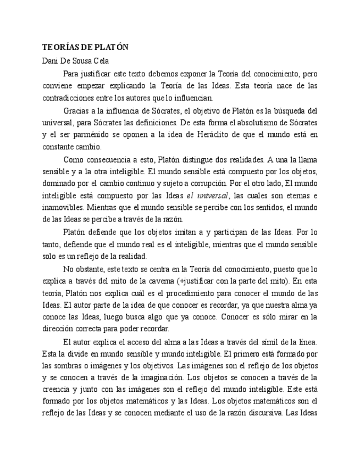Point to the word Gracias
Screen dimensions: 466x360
point(76,110)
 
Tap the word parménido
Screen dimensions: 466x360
point(107,135)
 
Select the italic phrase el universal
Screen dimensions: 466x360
point(207,196)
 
